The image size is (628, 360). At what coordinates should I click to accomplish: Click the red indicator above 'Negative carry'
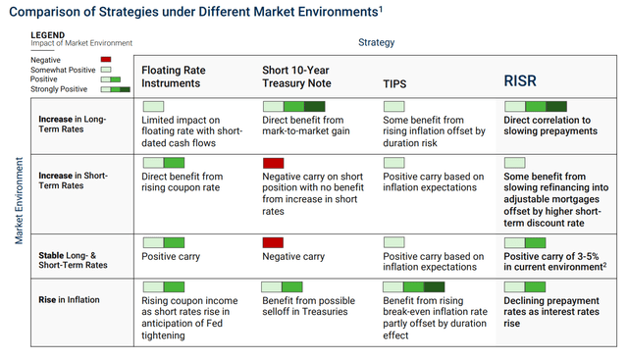274,242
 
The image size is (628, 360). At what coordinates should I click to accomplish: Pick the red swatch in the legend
106,60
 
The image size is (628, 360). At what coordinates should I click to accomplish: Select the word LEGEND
48,34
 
